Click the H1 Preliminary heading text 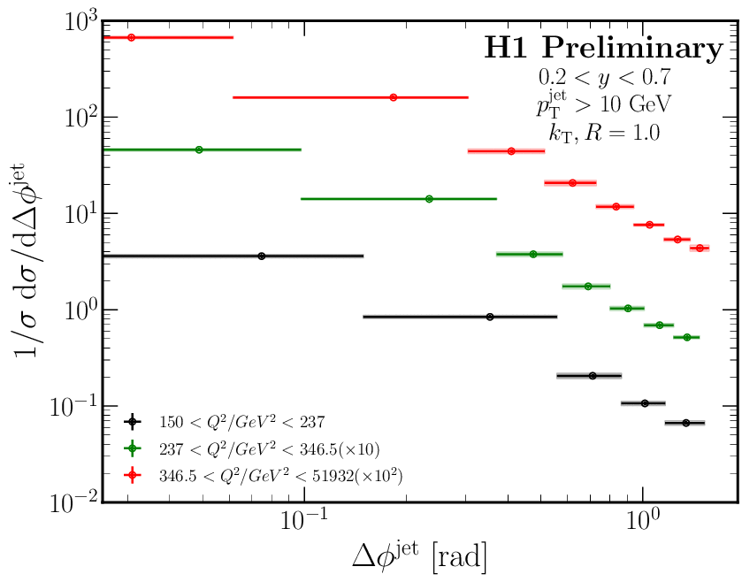coord(603,49)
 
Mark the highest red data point coord(131,37)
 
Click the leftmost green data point coord(199,149)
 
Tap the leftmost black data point coord(261,256)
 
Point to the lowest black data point coord(685,423)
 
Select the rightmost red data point coord(700,248)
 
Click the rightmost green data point coord(686,337)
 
